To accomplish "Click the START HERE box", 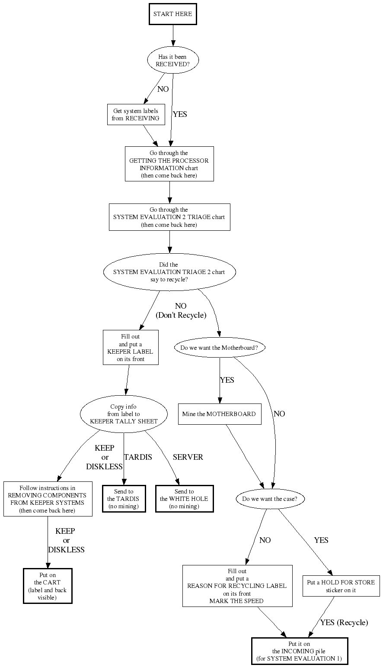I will click(173, 14).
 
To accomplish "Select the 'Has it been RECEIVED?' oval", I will click(173, 60).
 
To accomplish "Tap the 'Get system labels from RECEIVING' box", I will click(136, 115).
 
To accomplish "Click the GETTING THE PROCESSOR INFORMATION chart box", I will click(169, 164).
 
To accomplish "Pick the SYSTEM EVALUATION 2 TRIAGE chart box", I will click(169, 217).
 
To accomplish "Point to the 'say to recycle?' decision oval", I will click(169, 272).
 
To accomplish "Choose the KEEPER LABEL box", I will click(130, 348).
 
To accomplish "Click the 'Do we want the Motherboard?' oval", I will click(220, 347).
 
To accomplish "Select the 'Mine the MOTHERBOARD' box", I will click(219, 414).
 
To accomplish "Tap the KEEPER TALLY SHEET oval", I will click(124, 414).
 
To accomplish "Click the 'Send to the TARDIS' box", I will click(124, 499).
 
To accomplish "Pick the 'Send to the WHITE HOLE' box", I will click(184, 499).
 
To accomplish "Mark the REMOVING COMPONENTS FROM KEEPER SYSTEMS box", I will click(48, 499).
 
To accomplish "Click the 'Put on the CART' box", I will click(48, 586).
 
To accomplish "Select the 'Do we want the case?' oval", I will click(270, 499).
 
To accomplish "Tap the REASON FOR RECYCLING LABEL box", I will click(237, 586).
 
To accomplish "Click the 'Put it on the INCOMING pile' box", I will click(299, 651).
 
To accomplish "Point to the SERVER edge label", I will click(188, 457).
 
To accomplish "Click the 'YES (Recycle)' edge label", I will click(344, 623).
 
